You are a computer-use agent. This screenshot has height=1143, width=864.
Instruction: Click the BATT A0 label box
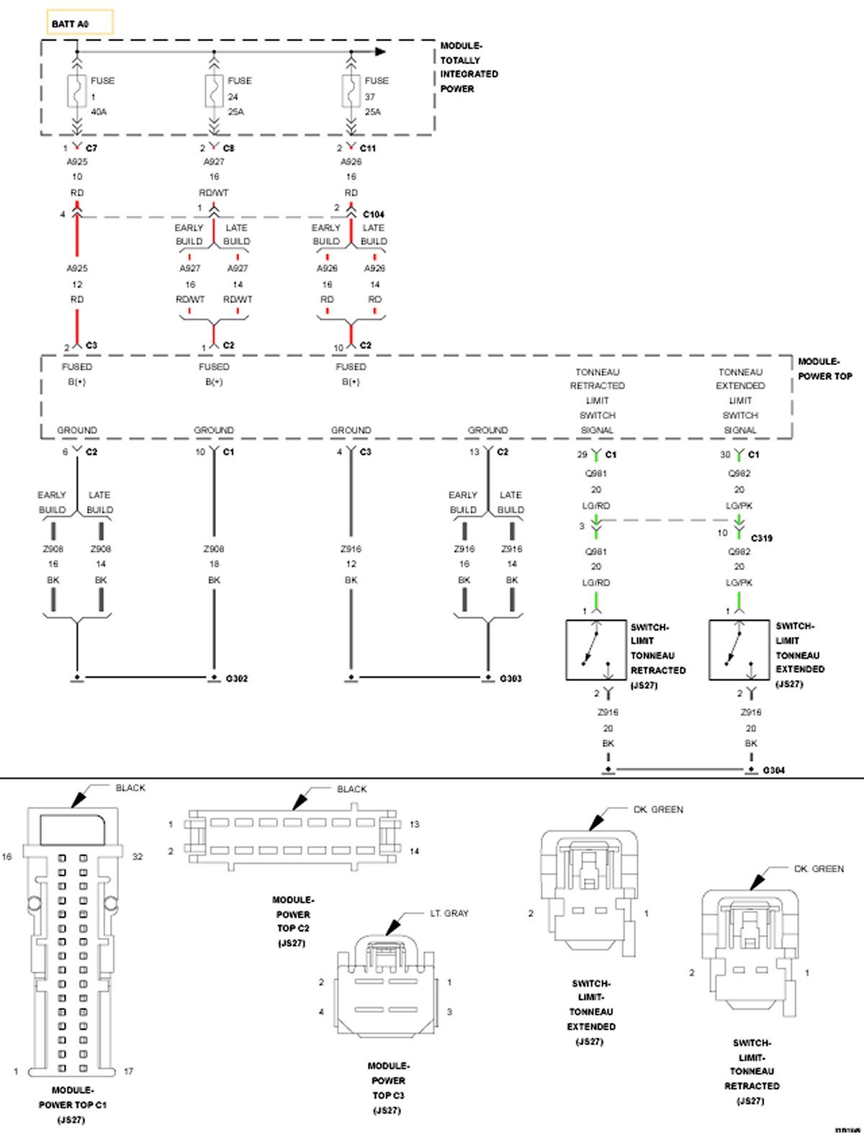[80, 23]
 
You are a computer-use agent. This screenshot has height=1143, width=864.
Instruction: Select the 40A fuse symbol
[77, 91]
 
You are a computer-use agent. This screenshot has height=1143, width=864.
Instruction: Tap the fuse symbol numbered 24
[213, 91]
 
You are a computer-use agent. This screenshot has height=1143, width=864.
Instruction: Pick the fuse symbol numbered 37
[351, 91]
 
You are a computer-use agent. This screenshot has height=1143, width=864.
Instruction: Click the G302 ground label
[236, 679]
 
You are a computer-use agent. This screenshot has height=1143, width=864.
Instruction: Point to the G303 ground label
[510, 679]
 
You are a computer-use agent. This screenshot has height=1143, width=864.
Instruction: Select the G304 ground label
[773, 770]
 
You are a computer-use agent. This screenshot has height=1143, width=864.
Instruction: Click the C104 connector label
[373, 214]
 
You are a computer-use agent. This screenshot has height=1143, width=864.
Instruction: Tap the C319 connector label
[761, 538]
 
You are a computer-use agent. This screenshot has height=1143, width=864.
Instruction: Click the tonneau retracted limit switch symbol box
[595, 650]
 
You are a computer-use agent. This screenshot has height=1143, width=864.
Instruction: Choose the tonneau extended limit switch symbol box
[738, 650]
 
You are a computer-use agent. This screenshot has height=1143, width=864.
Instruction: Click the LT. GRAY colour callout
[449, 913]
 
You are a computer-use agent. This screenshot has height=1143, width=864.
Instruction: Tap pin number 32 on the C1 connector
[138, 857]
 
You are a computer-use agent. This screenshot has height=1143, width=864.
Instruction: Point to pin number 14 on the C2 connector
[414, 851]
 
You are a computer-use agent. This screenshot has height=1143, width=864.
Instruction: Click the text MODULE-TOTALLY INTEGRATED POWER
[468, 67]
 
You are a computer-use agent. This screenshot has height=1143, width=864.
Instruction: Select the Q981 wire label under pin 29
[595, 474]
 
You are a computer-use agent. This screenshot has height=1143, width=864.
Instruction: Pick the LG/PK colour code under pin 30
[739, 506]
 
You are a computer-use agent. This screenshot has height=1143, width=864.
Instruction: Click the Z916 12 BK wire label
[351, 564]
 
